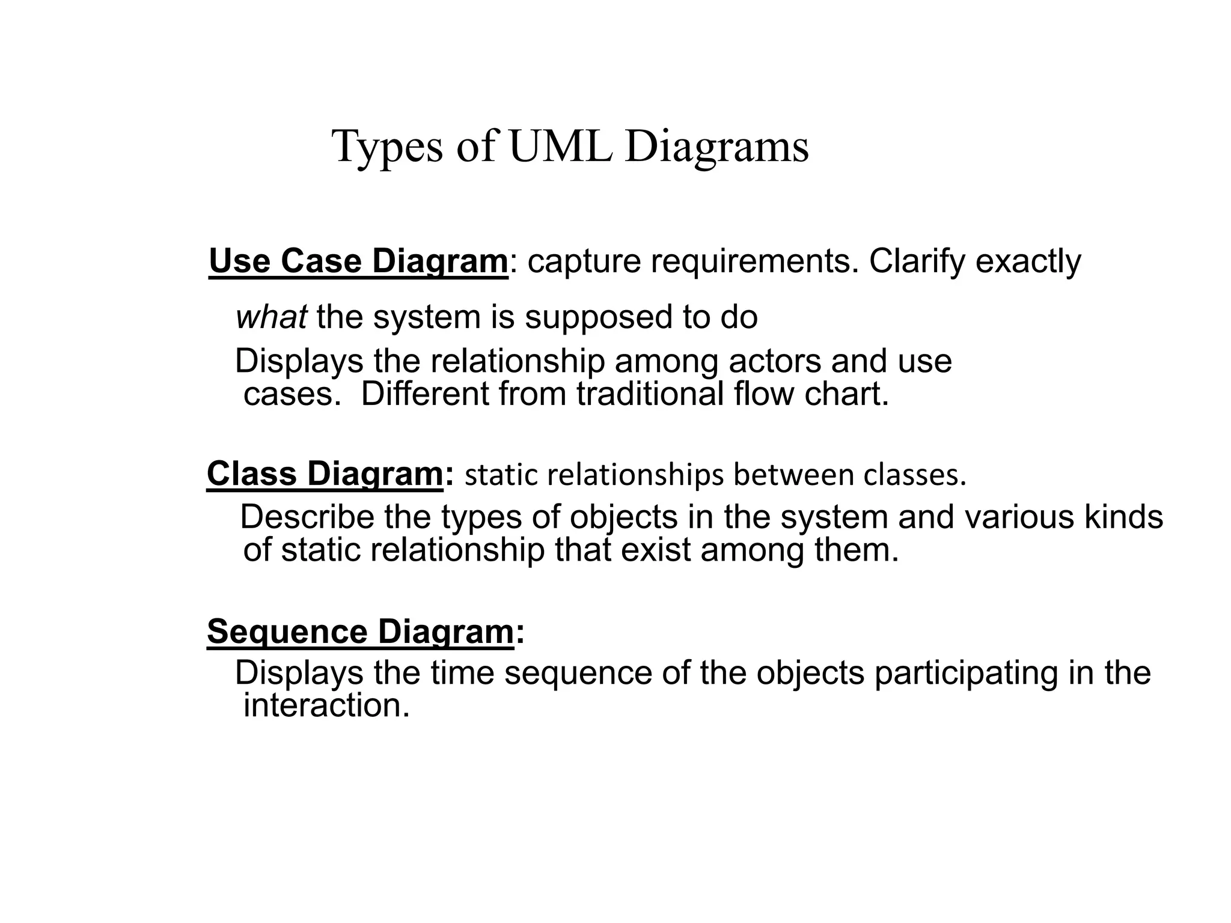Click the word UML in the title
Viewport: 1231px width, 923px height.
(560, 147)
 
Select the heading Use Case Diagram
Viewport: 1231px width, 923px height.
(358, 262)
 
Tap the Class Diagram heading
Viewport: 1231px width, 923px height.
(325, 474)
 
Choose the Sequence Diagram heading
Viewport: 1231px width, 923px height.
(361, 632)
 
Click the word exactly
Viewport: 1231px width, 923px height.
(1028, 263)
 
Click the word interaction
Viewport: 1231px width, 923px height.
(326, 705)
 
